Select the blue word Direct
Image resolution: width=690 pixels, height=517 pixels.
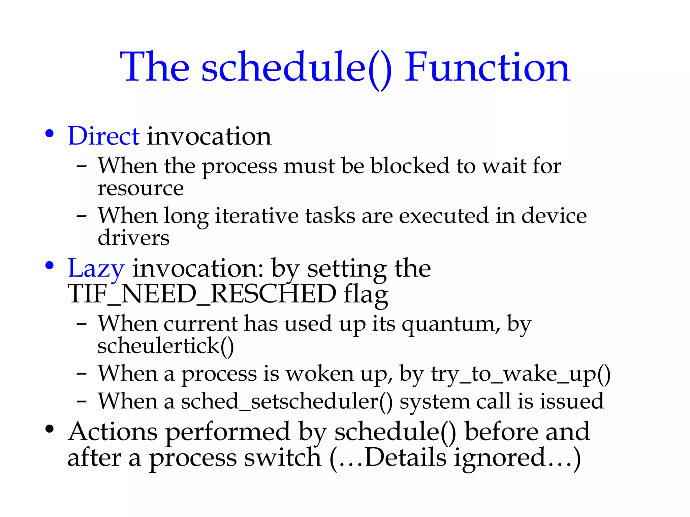(103, 136)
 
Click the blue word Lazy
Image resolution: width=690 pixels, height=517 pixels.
(96, 269)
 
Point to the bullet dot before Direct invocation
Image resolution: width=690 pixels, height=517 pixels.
(50, 134)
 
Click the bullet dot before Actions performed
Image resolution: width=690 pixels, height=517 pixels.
(50, 429)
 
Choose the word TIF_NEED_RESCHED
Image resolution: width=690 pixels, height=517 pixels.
(202, 294)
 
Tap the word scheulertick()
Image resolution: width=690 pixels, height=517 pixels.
(165, 346)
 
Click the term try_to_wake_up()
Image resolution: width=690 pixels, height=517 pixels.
(521, 374)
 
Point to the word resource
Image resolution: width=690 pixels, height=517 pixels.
(140, 188)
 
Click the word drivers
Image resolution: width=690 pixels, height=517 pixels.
(133, 238)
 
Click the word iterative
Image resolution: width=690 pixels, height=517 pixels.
(257, 216)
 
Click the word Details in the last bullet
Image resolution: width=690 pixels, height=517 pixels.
(406, 458)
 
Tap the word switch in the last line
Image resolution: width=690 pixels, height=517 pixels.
(283, 458)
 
